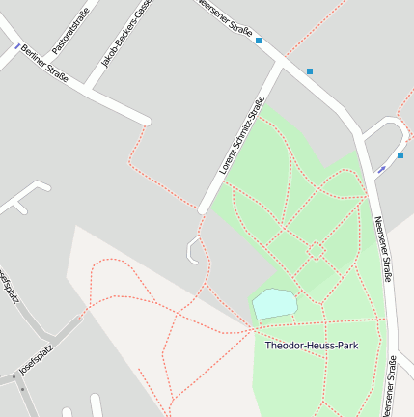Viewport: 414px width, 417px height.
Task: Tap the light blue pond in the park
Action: tap(274, 303)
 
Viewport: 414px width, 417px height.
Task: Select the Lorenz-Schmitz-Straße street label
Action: tap(241, 139)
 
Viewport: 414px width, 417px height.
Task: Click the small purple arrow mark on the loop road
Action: tap(382, 169)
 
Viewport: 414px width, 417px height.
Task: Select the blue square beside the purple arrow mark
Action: tap(400, 154)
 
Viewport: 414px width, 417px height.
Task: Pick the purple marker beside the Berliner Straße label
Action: tap(16, 45)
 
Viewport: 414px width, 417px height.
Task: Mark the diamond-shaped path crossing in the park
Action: tap(316, 250)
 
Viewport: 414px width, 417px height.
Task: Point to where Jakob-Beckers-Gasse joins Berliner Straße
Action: tap(89, 91)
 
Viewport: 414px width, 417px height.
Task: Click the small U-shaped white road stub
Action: tap(192, 253)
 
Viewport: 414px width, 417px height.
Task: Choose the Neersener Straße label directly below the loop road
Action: tap(383, 249)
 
